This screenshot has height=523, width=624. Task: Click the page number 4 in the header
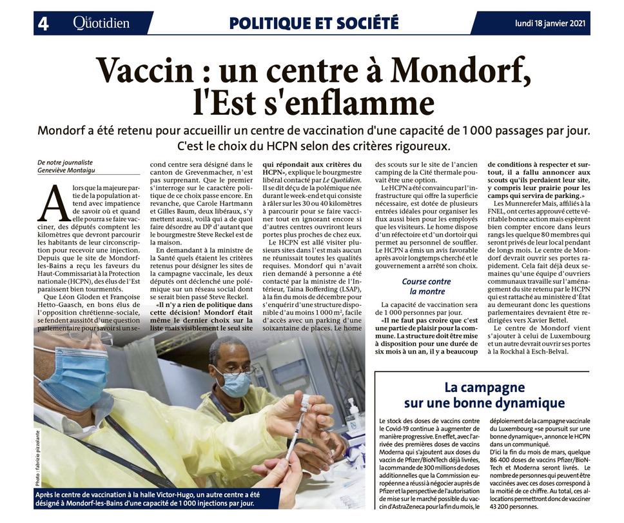click(44, 24)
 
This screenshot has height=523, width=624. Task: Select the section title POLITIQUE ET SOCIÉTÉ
click(314, 24)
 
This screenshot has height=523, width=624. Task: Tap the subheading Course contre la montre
click(426, 286)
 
